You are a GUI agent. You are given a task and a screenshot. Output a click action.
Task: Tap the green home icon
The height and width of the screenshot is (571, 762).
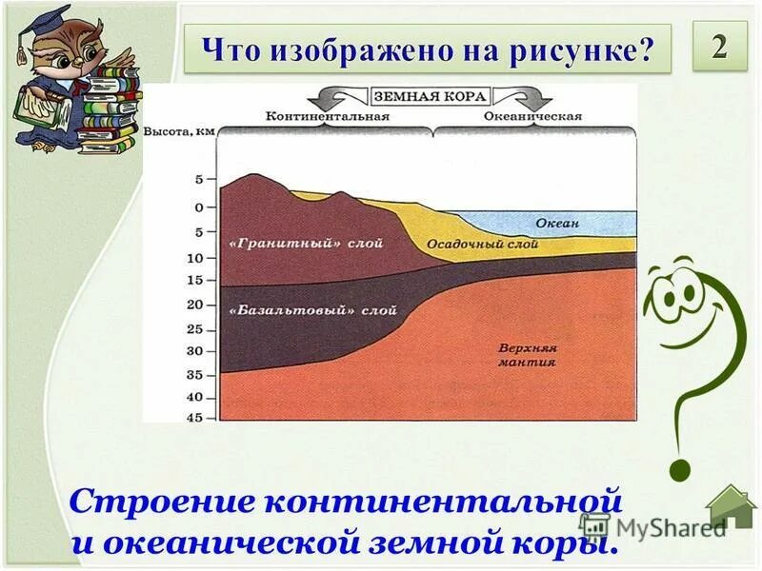[x=731, y=508]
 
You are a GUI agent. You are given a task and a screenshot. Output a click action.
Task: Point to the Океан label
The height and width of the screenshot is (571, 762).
[x=557, y=223]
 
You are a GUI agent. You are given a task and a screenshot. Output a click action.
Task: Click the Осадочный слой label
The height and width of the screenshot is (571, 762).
[x=482, y=245]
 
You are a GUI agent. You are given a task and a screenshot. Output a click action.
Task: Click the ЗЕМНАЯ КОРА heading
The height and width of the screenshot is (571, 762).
[x=431, y=96]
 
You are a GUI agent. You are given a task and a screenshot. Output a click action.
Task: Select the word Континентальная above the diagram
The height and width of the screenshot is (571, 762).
[x=329, y=116]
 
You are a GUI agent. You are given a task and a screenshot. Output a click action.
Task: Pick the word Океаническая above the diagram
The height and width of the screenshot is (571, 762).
[x=532, y=116]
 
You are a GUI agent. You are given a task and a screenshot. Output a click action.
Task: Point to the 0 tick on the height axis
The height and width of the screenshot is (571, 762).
[x=199, y=207]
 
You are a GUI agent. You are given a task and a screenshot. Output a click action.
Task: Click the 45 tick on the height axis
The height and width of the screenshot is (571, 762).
[x=194, y=416]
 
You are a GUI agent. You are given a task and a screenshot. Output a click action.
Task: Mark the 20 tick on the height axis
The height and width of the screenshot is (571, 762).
[x=194, y=305]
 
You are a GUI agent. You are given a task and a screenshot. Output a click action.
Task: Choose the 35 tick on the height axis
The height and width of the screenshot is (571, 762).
[x=194, y=375]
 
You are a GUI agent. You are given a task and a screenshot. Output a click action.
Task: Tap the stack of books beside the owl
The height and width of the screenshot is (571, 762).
[x=110, y=114]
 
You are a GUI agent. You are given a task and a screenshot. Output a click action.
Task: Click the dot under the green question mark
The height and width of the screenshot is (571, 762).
[x=678, y=469]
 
